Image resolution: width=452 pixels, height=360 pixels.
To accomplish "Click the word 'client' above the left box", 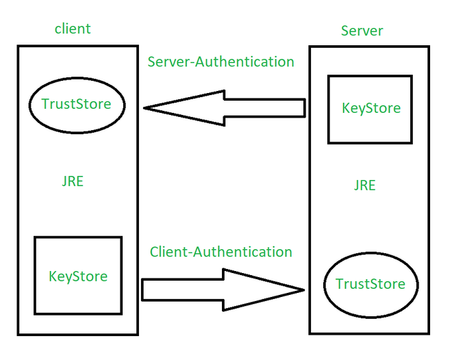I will coord(73,29).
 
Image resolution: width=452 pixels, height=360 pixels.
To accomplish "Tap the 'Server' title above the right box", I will coord(362,31).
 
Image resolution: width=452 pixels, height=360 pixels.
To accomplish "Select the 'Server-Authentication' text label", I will coord(221,62).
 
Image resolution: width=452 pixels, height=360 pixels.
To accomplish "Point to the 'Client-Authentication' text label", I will coord(221,252).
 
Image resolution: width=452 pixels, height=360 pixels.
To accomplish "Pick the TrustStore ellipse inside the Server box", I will coord(370,283).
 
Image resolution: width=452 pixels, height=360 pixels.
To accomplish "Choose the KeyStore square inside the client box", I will coord(78,275).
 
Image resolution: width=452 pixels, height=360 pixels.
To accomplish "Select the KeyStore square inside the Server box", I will coord(370,110).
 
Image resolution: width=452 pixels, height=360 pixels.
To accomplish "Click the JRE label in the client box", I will coord(73,182).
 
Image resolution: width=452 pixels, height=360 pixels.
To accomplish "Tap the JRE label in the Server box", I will coord(364,185).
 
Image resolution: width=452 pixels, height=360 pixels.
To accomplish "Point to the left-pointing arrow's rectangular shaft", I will coord(264,107).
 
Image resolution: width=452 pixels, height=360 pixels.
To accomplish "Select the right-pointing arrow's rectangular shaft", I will coord(182,290).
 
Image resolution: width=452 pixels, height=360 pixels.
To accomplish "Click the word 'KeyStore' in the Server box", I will coord(371,108).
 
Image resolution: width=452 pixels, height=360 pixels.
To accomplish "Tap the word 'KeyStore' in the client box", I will coord(78,277).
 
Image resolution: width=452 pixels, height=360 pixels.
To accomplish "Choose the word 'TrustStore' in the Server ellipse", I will coord(370,284).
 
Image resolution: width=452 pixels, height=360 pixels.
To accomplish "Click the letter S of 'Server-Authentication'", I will coord(152,62).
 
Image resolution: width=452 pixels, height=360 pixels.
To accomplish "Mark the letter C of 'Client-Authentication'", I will coord(155,252).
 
